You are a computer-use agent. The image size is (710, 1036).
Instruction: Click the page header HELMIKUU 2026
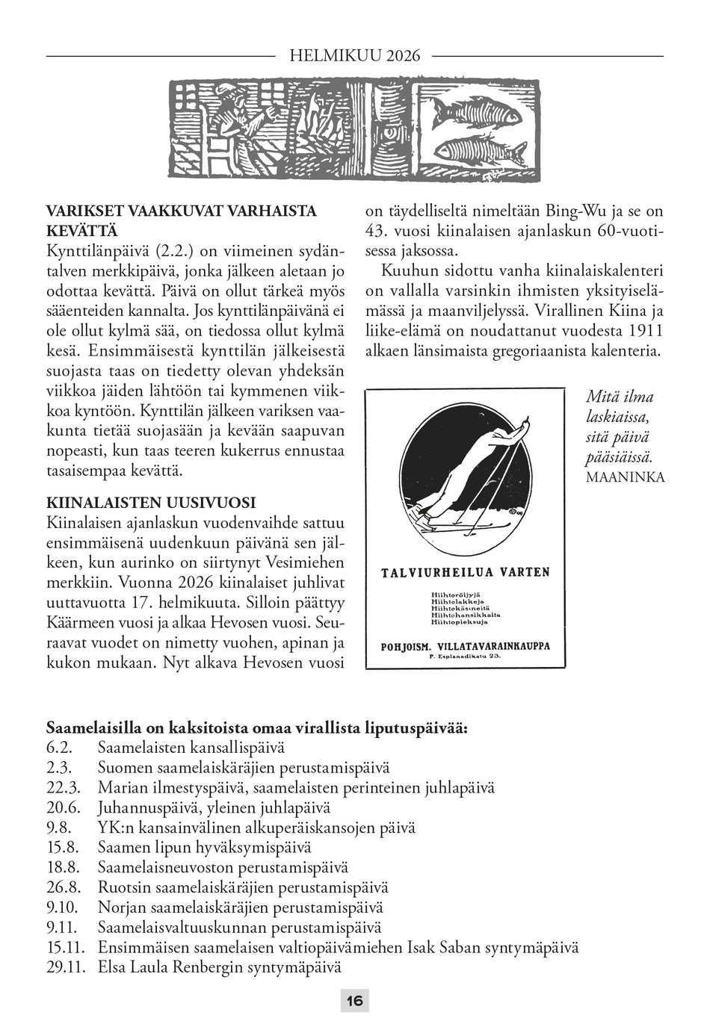tap(354, 55)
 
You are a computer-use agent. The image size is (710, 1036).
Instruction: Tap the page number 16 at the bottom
tap(354, 1000)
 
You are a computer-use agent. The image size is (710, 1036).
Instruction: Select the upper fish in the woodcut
tap(474, 111)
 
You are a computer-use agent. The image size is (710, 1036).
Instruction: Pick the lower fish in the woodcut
tap(478, 150)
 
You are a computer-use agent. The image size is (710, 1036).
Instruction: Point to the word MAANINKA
tap(626, 476)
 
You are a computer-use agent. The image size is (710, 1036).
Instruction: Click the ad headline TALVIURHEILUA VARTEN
tap(465, 572)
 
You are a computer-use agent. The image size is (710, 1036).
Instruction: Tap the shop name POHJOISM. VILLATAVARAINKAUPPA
tap(465, 645)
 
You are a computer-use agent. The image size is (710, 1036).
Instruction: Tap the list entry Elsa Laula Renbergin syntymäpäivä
tap(219, 967)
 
